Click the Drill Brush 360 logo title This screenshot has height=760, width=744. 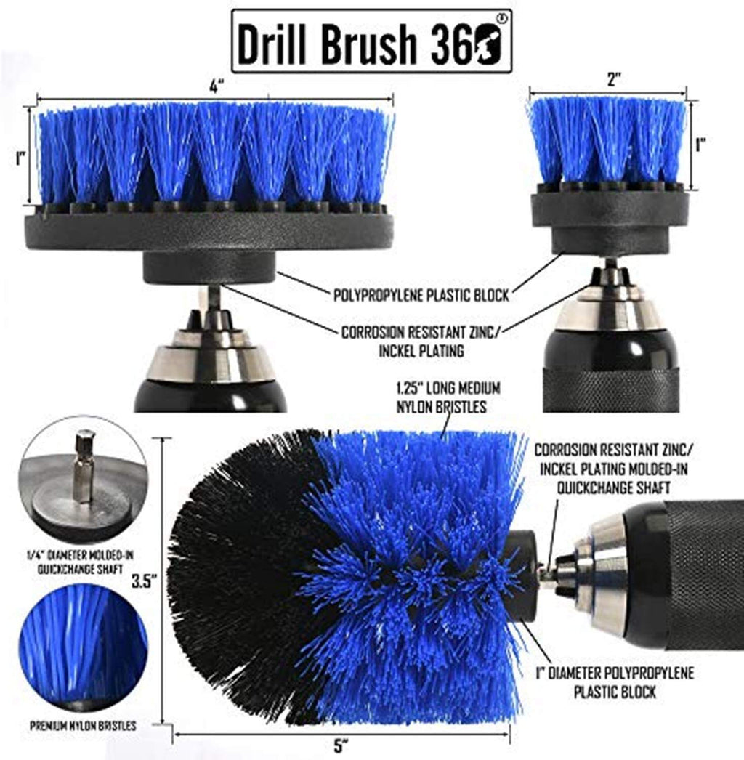tap(371, 41)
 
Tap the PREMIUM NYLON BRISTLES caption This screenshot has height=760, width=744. tap(83, 724)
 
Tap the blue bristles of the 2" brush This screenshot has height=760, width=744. tap(607, 140)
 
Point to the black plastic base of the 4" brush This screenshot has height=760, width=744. tap(209, 231)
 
